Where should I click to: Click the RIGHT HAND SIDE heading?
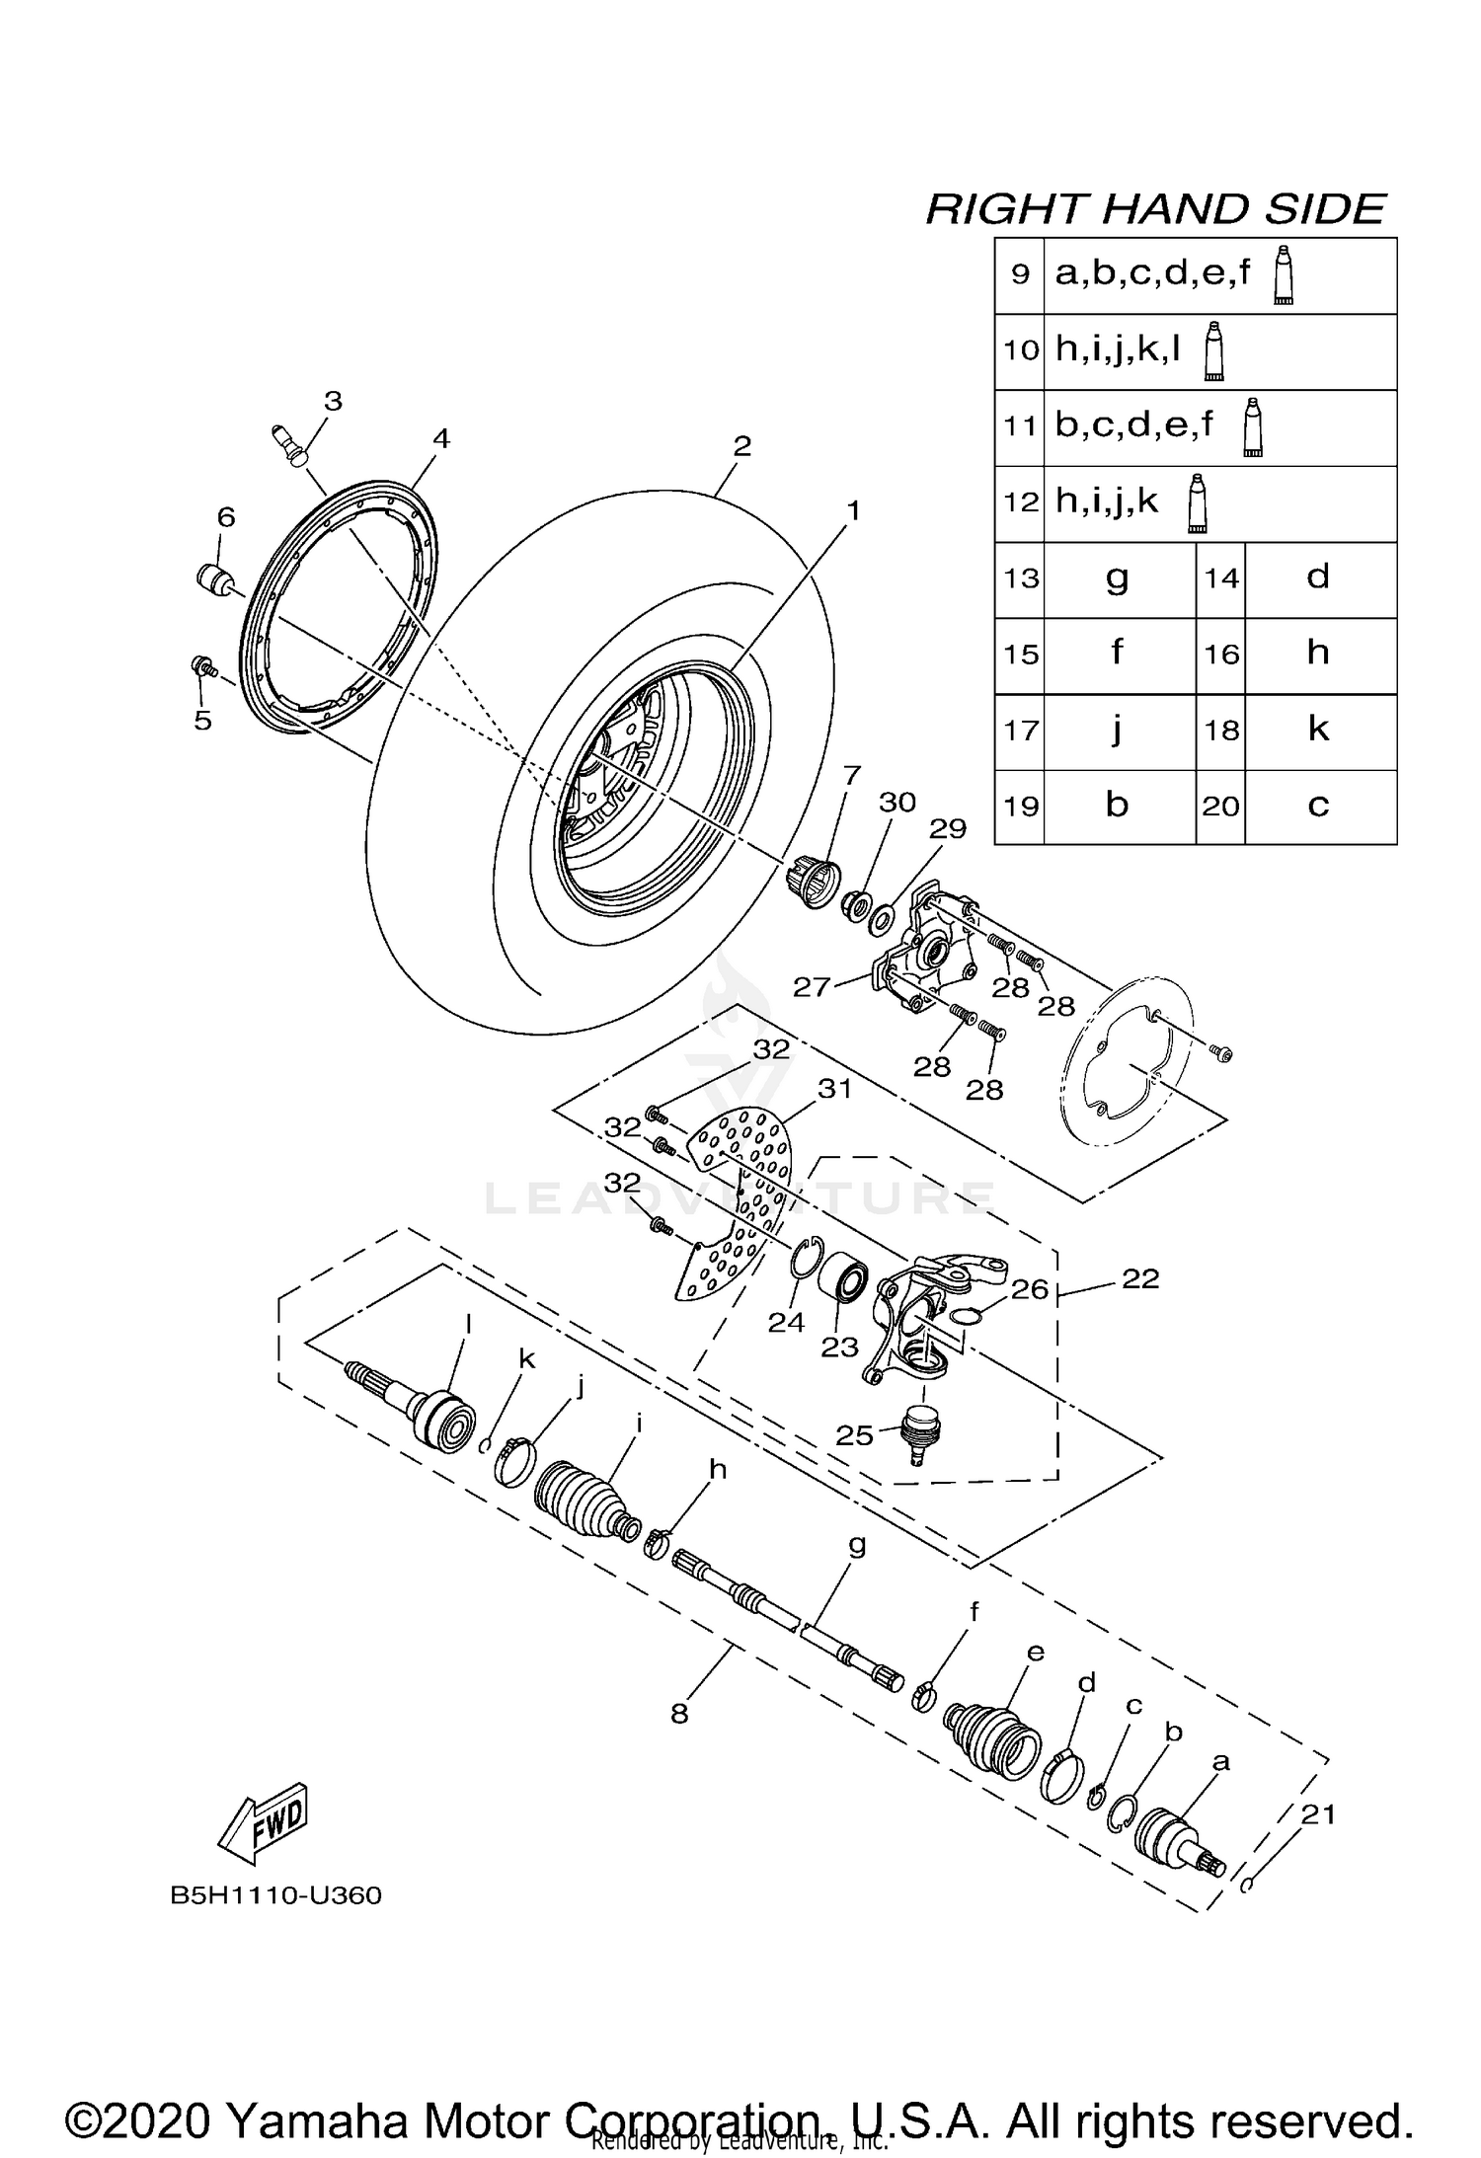point(1155,209)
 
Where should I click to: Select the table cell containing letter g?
point(1118,578)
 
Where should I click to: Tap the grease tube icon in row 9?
point(1283,275)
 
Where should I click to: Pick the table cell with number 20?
point(1220,807)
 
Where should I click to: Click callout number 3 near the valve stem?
point(333,402)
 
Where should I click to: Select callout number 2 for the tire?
point(742,446)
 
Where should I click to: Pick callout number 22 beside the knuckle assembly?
point(1140,1278)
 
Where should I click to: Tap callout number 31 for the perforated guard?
point(834,1088)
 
